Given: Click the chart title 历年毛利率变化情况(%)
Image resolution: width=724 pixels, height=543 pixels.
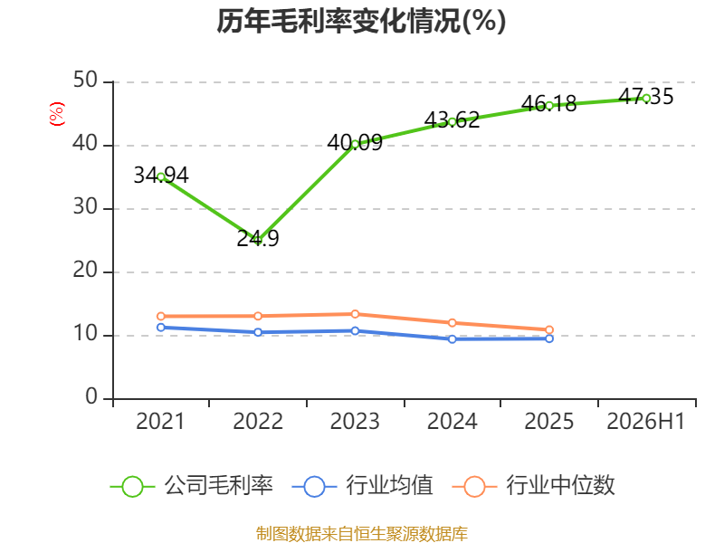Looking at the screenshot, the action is [x=361, y=21].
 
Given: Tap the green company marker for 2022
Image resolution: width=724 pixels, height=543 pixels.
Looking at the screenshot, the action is [x=258, y=241].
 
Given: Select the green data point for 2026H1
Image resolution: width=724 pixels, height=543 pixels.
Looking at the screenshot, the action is [x=646, y=99].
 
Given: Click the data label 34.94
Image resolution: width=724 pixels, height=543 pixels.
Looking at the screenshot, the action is [x=161, y=176].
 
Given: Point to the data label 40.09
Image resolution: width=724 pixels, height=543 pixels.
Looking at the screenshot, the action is [x=355, y=143].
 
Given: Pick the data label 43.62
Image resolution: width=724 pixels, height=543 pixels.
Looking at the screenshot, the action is [x=452, y=120].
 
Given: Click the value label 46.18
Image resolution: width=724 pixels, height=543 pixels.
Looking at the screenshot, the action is [x=549, y=104].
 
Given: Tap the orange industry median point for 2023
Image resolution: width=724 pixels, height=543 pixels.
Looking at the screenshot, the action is [x=355, y=314].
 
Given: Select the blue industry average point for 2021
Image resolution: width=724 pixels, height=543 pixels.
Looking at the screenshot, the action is [x=161, y=328].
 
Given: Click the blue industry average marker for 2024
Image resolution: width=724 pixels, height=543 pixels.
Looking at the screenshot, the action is [x=452, y=338].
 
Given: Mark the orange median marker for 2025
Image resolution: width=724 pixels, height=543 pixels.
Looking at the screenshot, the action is [x=549, y=329].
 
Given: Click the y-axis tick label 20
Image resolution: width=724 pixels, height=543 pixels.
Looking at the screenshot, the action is [x=85, y=270].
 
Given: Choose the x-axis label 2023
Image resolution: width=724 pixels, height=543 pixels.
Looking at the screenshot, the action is [x=355, y=421].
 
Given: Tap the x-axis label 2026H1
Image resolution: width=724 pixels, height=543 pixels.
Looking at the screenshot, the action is [x=646, y=421].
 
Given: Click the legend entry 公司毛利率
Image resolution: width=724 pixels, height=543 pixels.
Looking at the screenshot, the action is [x=192, y=486].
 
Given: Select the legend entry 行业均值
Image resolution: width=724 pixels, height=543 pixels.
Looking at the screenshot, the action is [x=363, y=486].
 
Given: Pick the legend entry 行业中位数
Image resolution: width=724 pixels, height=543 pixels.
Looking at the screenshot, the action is [x=533, y=486].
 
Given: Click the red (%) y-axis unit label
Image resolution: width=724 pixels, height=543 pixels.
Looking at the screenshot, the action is [x=57, y=114].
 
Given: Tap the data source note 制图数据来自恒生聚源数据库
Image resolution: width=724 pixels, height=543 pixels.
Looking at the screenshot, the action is [x=362, y=534].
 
